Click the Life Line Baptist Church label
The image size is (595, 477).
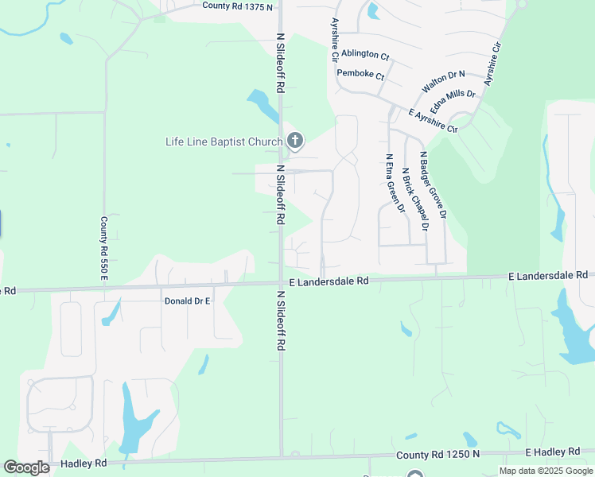pyautogui.click(x=224, y=142)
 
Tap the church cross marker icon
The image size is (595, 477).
pyautogui.click(x=295, y=142)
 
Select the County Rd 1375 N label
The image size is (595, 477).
pyautogui.click(x=237, y=6)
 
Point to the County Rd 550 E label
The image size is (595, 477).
pyautogui.click(x=103, y=247)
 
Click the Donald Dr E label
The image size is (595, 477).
pyautogui.click(x=187, y=301)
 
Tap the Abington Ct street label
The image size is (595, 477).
pyautogui.click(x=365, y=56)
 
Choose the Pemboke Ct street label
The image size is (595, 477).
pyautogui.click(x=360, y=75)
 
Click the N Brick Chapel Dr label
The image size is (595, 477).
pyautogui.click(x=414, y=199)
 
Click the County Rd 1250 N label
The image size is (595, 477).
pyautogui.click(x=439, y=454)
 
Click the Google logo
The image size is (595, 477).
pyautogui.click(x=27, y=467)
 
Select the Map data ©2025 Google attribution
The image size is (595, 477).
pyautogui.click(x=545, y=471)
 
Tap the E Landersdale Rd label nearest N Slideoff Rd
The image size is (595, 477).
pyautogui.click(x=329, y=281)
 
